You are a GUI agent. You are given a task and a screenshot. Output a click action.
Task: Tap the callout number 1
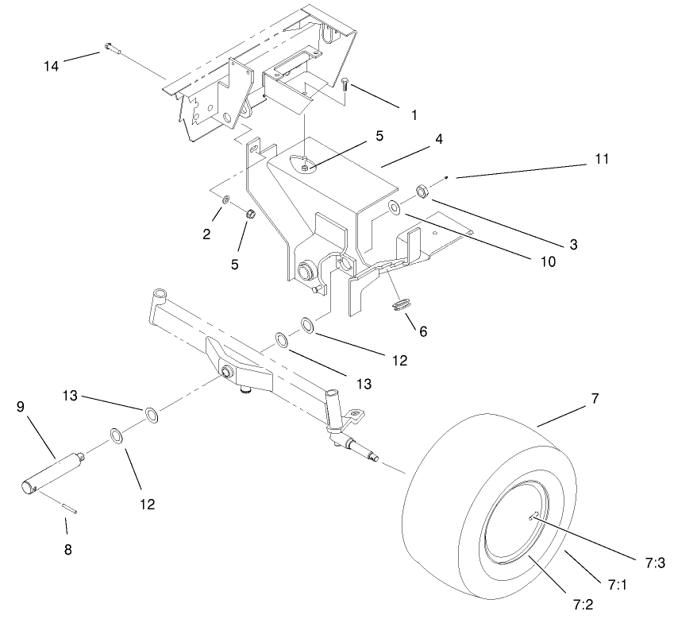pos(414,115)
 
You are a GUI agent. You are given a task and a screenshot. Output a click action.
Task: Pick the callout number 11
pos(603,160)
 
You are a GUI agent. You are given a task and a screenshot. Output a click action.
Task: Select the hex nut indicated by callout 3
pos(423,191)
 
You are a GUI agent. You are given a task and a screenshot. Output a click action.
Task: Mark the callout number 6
pos(423,331)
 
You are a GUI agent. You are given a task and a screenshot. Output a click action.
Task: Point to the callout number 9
pos(21,406)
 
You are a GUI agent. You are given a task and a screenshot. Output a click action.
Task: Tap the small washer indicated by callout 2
pos(225,199)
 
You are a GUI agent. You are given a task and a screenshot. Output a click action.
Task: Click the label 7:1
pos(618,586)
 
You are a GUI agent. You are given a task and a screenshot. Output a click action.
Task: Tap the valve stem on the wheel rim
pos(535,515)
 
